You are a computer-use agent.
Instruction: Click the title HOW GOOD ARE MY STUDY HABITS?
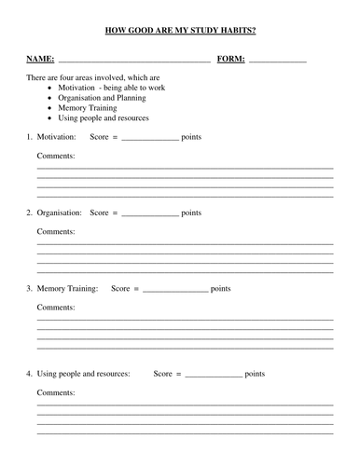(x=180, y=30)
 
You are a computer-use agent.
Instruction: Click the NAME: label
(x=40, y=59)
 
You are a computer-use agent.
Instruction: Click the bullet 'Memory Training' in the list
(x=88, y=108)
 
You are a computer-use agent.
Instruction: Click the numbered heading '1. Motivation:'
(x=51, y=137)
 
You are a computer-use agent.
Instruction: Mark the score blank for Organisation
(x=150, y=214)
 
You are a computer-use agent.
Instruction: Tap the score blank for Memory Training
(x=175, y=291)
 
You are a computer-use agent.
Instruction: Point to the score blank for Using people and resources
(x=213, y=376)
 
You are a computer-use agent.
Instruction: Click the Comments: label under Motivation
(x=55, y=156)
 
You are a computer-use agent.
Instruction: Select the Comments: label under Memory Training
(x=55, y=307)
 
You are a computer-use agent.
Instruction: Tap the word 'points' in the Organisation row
(x=191, y=212)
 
